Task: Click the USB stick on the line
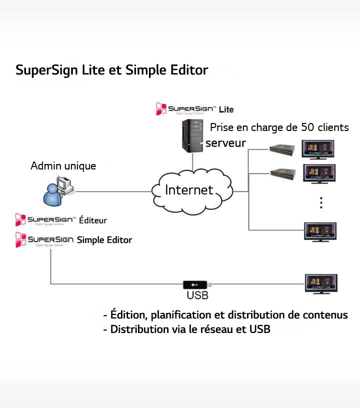tap(197, 284)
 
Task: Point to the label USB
tap(197, 295)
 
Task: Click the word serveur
tap(226, 143)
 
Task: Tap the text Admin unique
tap(63, 165)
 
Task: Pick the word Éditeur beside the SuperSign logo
tap(93, 220)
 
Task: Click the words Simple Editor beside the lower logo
tap(104, 240)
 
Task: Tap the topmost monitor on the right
tap(318, 150)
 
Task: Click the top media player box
tap(282, 148)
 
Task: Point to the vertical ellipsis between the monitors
tap(321, 203)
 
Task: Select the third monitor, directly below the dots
tap(320, 231)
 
